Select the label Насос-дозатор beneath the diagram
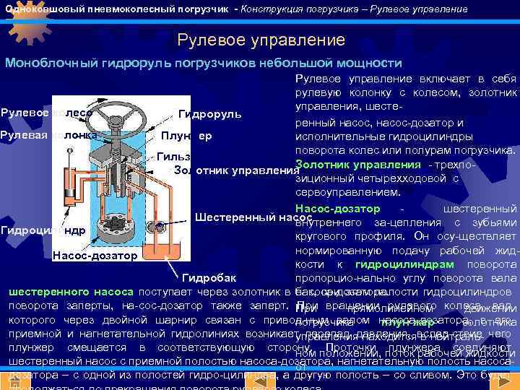(x=95, y=256)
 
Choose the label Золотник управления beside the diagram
(x=233, y=170)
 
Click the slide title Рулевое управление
(x=261, y=39)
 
